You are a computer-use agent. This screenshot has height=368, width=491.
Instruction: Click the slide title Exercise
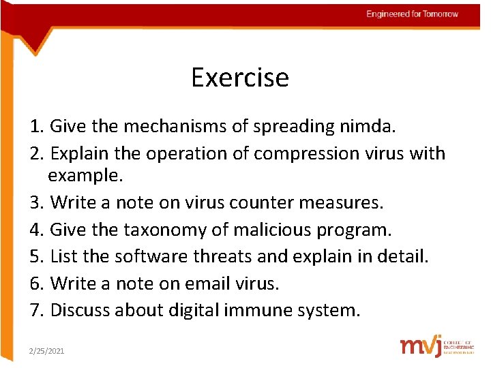pos(240,78)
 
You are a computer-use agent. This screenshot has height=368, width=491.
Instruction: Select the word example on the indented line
pos(85,176)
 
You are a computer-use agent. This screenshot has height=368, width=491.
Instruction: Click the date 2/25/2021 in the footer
pos(46,350)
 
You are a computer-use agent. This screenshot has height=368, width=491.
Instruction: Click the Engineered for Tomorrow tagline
pos(412,14)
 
